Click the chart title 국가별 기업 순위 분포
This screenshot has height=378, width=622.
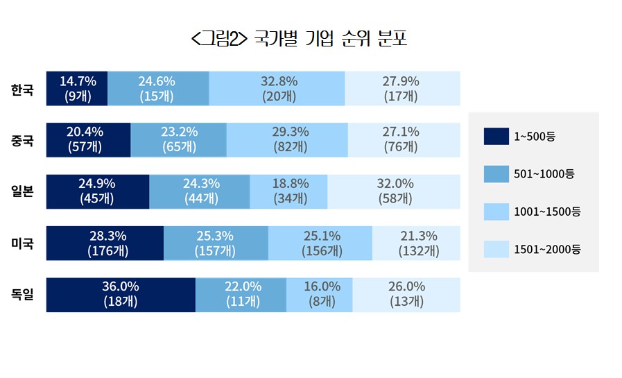(x=299, y=39)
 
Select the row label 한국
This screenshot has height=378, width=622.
(x=23, y=89)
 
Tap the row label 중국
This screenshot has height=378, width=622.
(x=23, y=140)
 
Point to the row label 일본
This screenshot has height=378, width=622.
(x=23, y=191)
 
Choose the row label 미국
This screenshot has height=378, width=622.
(x=23, y=243)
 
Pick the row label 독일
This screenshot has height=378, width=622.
(x=23, y=294)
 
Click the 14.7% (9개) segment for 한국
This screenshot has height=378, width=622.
(x=77, y=89)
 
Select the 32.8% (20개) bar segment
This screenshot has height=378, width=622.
(x=277, y=89)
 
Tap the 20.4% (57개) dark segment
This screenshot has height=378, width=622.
(x=88, y=139)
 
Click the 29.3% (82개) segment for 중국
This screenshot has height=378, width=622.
(x=287, y=139)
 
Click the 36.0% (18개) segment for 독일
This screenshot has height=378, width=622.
(x=121, y=294)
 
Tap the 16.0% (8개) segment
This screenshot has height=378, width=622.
(x=319, y=294)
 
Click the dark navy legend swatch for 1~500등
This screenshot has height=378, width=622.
(x=491, y=137)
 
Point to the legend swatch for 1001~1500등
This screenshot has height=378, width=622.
(x=491, y=212)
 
